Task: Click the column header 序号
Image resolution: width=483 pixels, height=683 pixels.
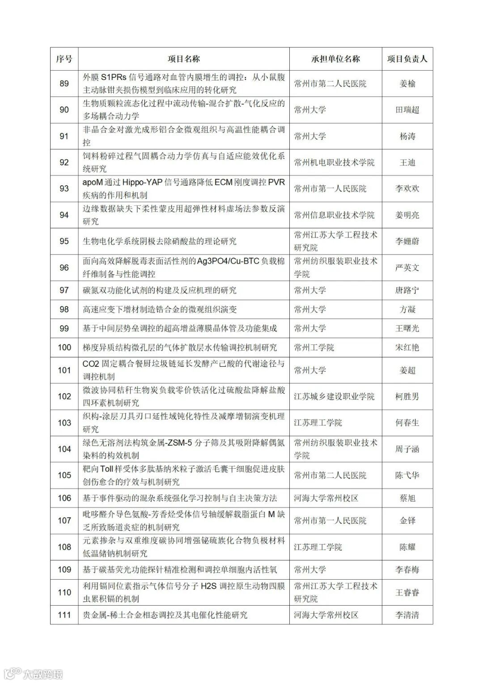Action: tap(64, 59)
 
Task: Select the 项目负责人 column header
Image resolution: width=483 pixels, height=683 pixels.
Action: tap(407, 59)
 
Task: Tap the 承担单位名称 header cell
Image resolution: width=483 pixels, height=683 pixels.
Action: tap(335, 59)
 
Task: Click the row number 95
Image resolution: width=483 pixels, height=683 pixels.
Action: tap(64, 242)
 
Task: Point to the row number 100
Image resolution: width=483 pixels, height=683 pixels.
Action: tap(64, 348)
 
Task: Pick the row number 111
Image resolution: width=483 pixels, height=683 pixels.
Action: tap(64, 615)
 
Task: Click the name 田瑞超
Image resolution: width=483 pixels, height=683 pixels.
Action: tap(407, 110)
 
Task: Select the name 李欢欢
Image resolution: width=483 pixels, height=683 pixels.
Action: tap(407, 189)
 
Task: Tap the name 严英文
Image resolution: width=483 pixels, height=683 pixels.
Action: tap(407, 268)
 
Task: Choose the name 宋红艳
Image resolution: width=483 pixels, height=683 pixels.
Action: tap(407, 348)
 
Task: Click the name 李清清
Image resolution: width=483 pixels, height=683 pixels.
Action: tap(407, 615)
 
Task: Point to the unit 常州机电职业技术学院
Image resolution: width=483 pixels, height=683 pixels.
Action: tap(334, 163)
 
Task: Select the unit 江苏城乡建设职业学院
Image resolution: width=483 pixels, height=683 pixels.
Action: tap(334, 397)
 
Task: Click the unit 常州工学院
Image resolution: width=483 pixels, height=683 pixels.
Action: tap(314, 348)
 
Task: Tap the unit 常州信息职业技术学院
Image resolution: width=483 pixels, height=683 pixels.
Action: tap(334, 215)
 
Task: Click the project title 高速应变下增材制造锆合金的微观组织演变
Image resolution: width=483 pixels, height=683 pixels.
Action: tap(160, 310)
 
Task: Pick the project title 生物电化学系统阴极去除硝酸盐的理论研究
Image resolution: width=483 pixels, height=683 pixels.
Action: tap(160, 242)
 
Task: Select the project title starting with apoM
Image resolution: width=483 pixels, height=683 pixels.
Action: tap(183, 189)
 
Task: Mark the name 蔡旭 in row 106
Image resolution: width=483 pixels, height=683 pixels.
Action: tap(407, 498)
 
